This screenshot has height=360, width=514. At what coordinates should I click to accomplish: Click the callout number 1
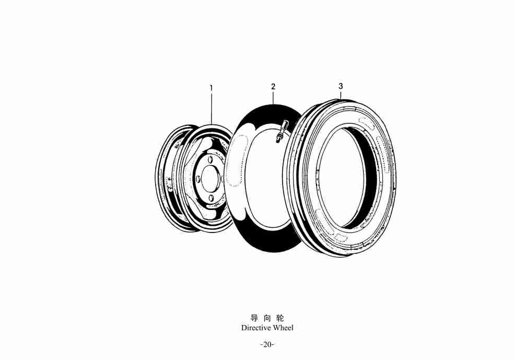point(212,88)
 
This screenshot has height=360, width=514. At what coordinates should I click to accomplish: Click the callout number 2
point(273,87)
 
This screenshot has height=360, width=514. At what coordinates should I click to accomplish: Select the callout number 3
point(341,86)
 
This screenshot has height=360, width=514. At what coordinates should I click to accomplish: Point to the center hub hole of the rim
point(210,179)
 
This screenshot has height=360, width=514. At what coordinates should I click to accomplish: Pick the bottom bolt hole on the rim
point(211,198)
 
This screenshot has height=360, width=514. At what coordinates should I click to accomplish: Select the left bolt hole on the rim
point(198,179)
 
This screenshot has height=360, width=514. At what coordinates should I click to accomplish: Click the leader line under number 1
point(212,108)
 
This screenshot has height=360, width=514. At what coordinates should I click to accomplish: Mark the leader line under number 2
point(273,97)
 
